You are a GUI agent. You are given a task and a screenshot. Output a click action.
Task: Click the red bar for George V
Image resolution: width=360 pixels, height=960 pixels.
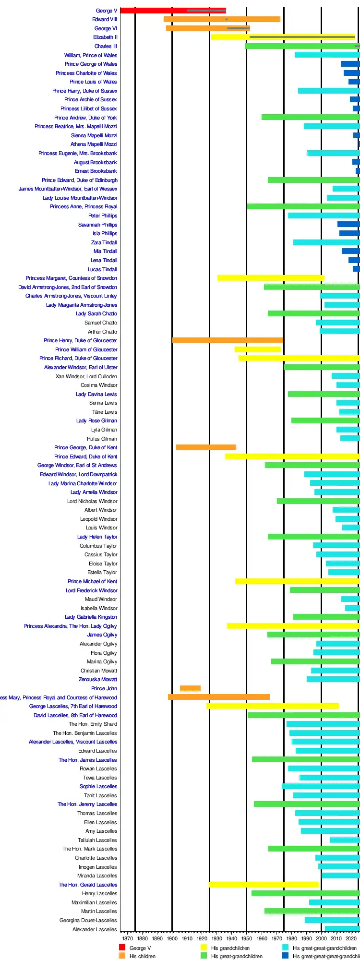[x=173, y=11]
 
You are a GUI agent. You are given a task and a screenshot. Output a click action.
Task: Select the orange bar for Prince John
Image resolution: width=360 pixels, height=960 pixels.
[x=190, y=688]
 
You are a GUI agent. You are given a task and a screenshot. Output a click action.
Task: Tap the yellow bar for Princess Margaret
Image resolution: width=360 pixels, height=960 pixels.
[x=271, y=278]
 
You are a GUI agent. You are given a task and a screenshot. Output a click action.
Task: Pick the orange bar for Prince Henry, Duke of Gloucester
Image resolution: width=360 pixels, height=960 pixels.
[x=228, y=340]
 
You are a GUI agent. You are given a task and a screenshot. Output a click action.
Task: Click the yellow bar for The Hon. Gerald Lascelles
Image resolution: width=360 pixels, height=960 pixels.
[x=264, y=885]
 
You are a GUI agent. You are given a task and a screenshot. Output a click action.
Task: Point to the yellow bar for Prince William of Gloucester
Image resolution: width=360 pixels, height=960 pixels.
[x=257, y=349]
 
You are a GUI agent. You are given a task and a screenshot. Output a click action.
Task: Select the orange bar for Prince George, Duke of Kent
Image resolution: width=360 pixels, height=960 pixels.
[x=206, y=447]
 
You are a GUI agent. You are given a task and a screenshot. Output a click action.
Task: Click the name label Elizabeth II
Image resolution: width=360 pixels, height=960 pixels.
[x=105, y=37]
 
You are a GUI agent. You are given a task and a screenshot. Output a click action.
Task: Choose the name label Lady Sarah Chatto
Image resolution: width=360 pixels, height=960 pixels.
[x=96, y=313]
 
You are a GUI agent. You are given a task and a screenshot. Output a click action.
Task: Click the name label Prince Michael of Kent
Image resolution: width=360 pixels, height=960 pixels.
[x=92, y=581]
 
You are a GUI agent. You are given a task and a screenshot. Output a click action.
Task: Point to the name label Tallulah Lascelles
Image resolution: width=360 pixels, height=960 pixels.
[x=97, y=840]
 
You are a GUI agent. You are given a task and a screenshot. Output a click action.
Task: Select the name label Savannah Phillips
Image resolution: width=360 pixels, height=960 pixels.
[x=97, y=225]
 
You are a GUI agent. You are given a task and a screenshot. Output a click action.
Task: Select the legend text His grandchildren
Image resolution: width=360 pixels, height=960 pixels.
[x=230, y=948]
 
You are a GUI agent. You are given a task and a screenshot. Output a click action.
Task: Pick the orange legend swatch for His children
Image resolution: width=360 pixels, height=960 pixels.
[x=122, y=956]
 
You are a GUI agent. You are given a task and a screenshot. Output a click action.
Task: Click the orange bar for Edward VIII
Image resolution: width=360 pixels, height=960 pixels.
[x=222, y=19]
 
